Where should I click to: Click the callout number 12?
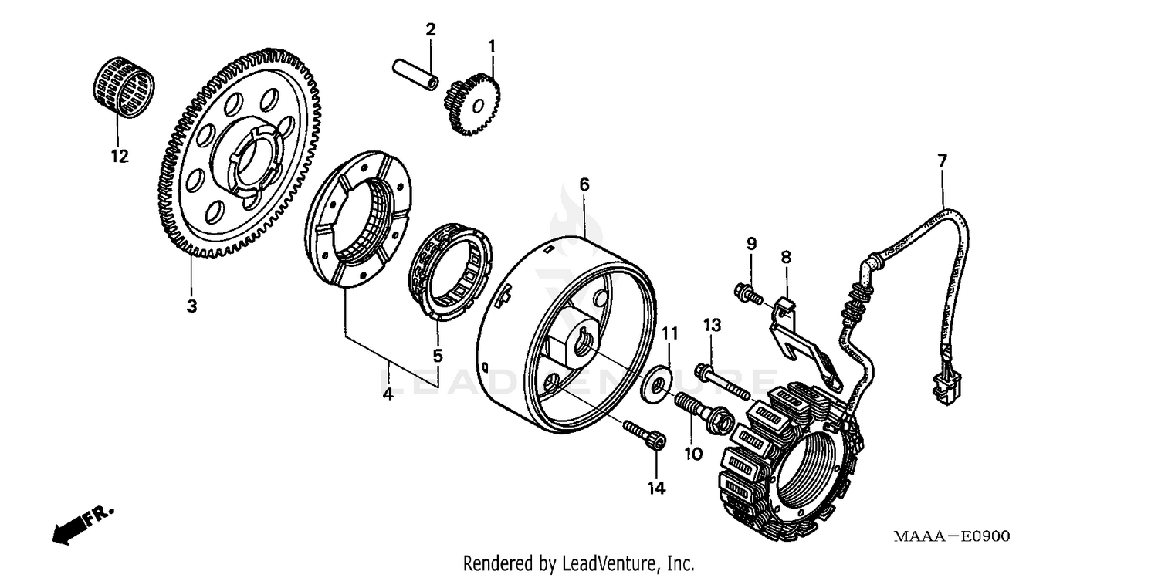pyautogui.click(x=119, y=157)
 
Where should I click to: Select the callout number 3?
pyautogui.click(x=191, y=306)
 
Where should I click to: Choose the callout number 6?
pyautogui.click(x=584, y=185)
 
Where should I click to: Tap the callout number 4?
pyautogui.click(x=388, y=394)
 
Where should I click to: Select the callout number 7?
pyautogui.click(x=942, y=161)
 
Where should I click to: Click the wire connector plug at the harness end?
pyautogui.click(x=946, y=389)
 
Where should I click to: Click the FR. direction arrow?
pyautogui.click(x=81, y=522)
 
